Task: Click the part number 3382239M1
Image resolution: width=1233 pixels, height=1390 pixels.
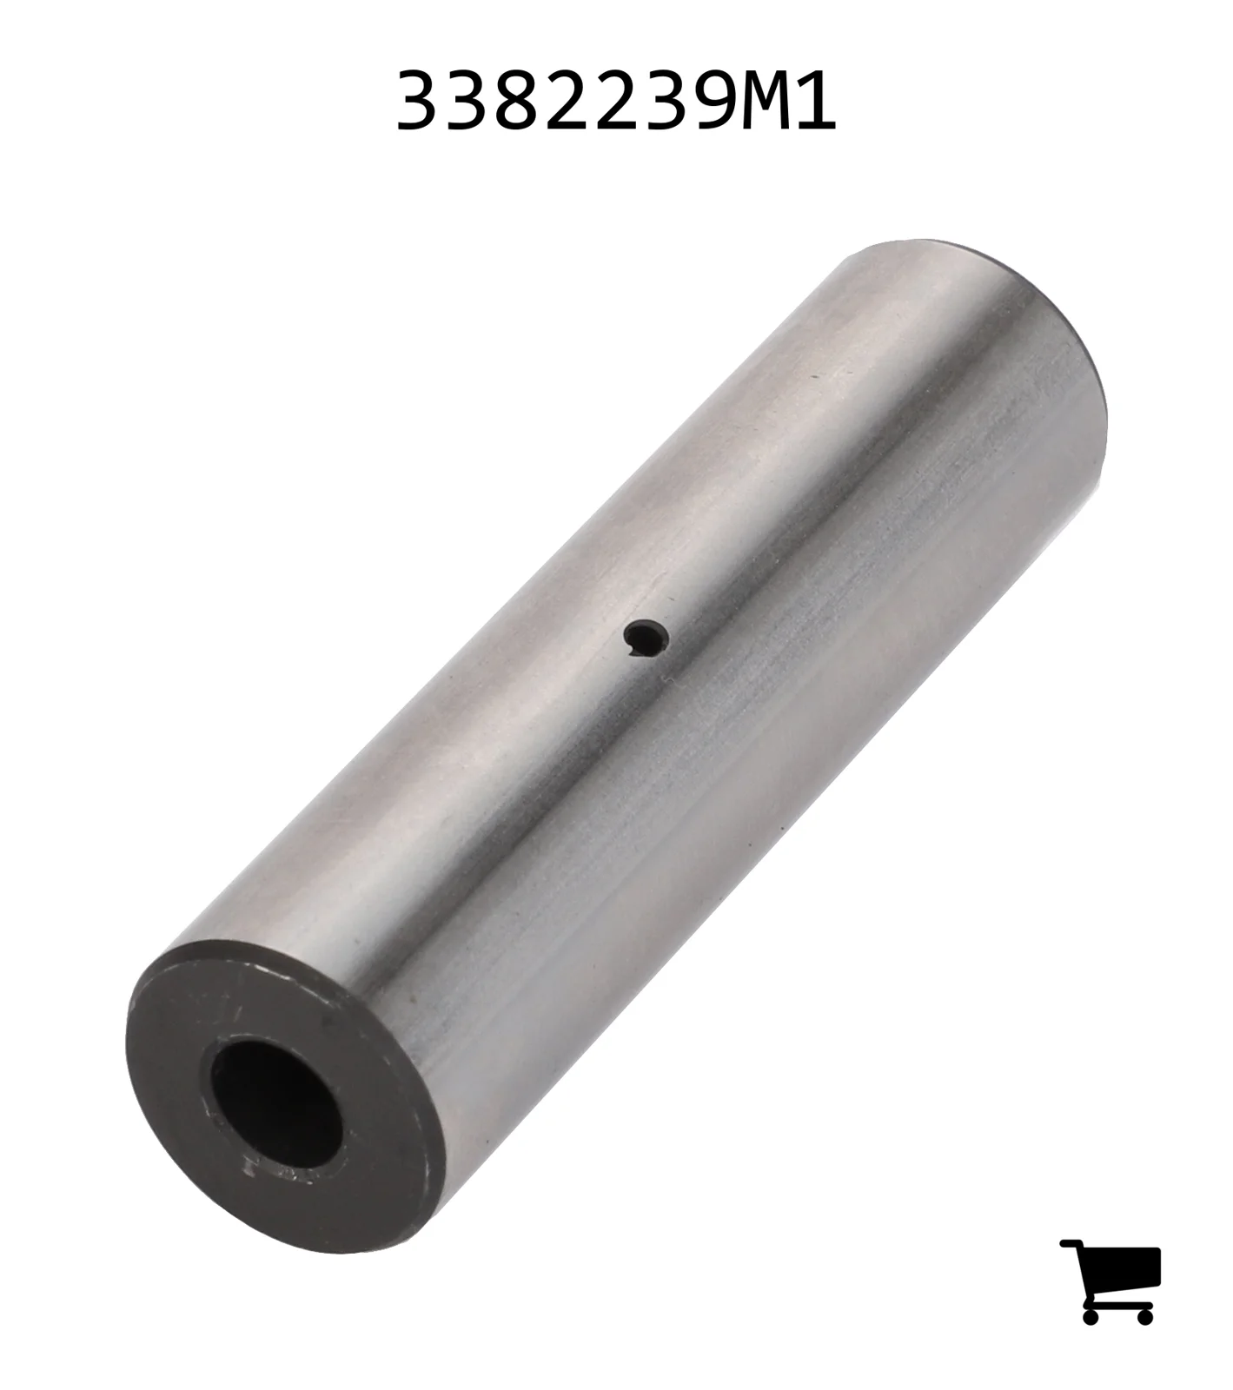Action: [x=616, y=102]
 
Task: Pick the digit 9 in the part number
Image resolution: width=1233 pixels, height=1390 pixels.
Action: [x=712, y=102]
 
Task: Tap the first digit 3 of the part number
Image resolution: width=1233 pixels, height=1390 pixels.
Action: [x=419, y=102]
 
